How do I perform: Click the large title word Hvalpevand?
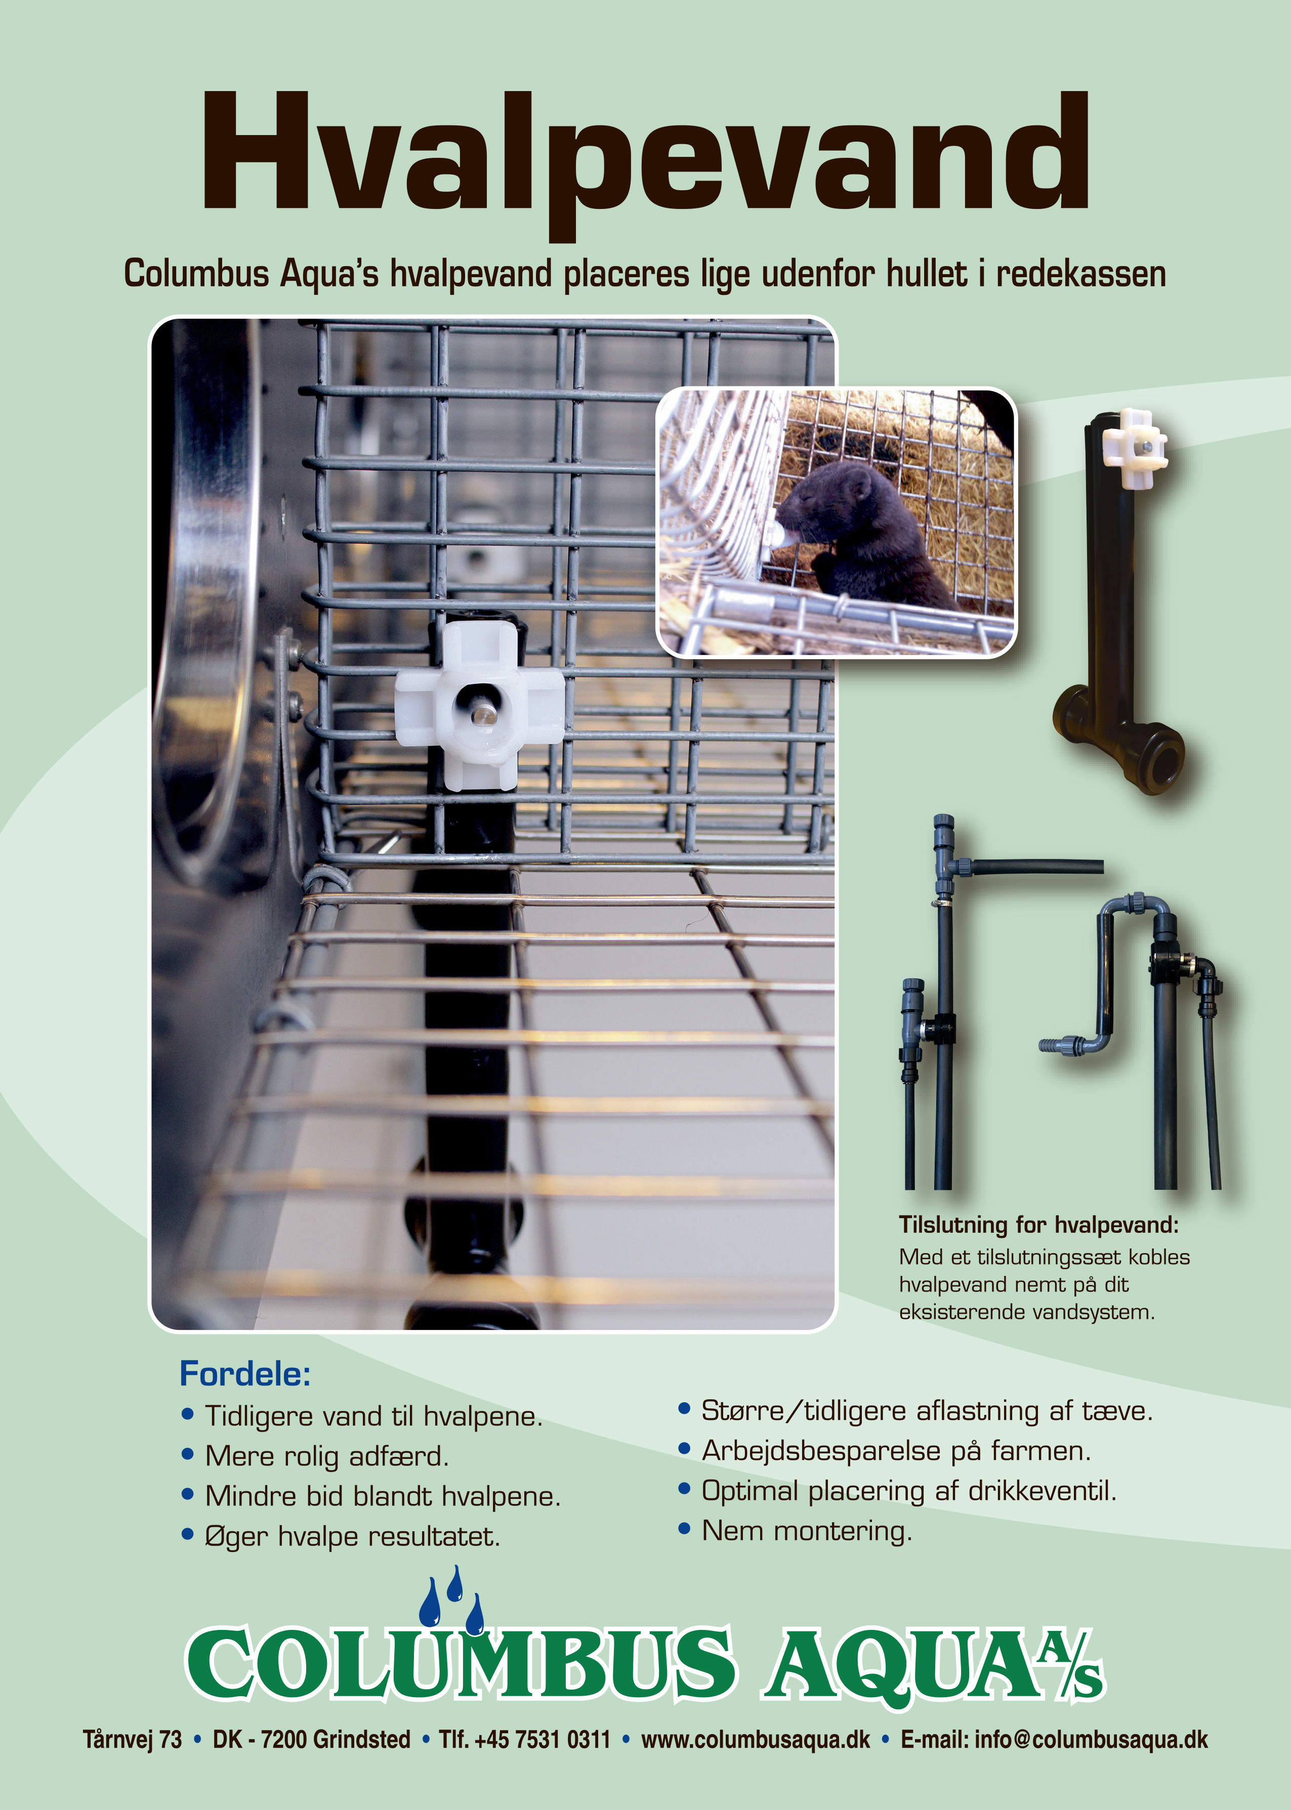[x=646, y=163]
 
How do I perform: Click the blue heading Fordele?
[x=245, y=1374]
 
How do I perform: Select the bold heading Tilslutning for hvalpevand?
[x=1038, y=1224]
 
